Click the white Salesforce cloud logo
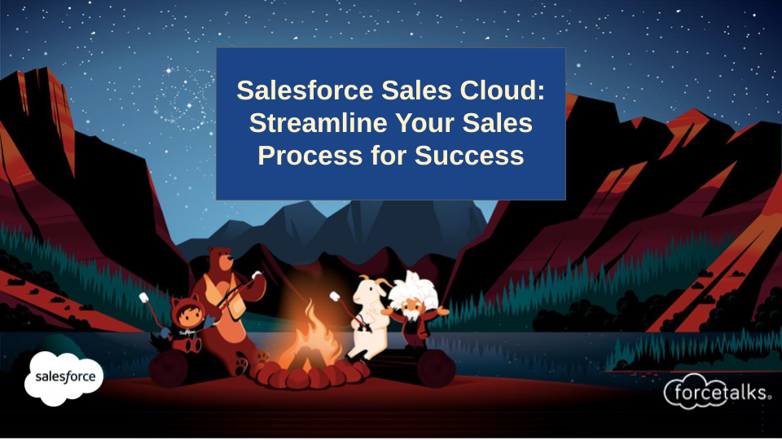tap(64, 377)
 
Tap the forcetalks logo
tap(717, 392)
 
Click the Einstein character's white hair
tap(412, 289)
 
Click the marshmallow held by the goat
tap(335, 297)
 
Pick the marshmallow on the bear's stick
tap(257, 275)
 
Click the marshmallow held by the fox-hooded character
tap(143, 298)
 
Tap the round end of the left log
tap(168, 368)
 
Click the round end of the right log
tap(437, 368)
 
